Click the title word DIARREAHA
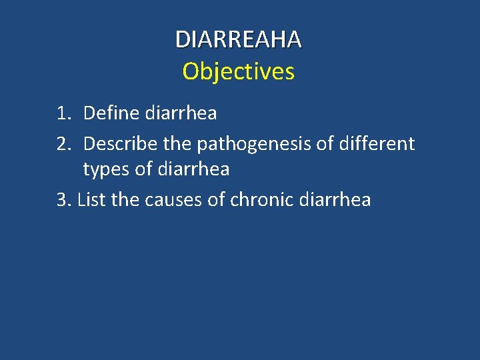pos(238,39)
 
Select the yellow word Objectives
pos(238,71)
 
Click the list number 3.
pos(64,199)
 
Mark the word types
pos(107,170)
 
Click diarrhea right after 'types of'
pos(195,169)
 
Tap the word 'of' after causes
pos(217,199)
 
